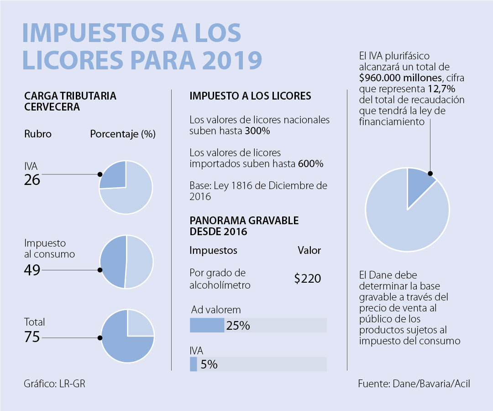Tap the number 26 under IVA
point(32,180)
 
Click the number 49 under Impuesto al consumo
point(32,270)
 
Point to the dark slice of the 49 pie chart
point(112,262)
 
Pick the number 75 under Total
point(32,337)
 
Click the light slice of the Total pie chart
point(139,325)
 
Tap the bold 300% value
point(258,131)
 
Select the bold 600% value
point(310,163)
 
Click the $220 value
point(307,279)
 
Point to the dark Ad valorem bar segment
point(206,325)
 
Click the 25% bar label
point(238,326)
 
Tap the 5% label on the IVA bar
point(208,364)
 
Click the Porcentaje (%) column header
point(123,135)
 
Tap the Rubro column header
point(37,135)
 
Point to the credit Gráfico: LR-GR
point(54,384)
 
